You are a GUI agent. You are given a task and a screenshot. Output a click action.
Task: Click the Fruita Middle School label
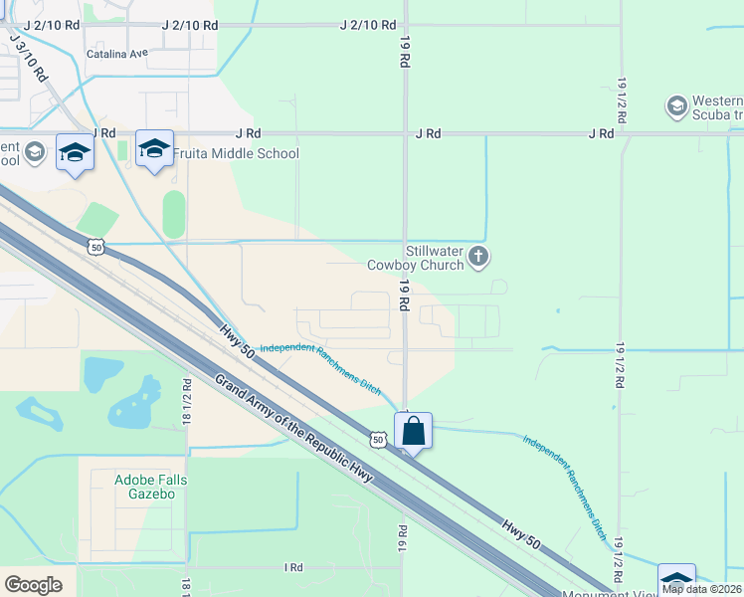236,153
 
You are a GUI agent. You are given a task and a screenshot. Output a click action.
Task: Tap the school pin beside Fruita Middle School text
154,150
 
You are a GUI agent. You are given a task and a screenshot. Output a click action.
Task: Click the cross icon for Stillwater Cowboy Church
478,258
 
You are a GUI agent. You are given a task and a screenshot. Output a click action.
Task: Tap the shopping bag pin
413,432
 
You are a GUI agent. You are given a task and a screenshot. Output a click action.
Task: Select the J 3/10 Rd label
28,58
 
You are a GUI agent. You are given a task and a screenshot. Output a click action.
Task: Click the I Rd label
292,567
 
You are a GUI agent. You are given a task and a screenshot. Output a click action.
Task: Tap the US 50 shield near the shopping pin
378,438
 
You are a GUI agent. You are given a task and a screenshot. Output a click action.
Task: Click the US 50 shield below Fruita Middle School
94,247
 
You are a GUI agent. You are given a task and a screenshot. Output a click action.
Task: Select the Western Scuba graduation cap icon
677,106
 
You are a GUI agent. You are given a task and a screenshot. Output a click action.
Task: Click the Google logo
33,584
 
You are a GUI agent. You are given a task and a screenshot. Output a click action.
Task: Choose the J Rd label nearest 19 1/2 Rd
600,133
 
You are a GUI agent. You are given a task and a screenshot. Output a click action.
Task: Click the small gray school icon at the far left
35,151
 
